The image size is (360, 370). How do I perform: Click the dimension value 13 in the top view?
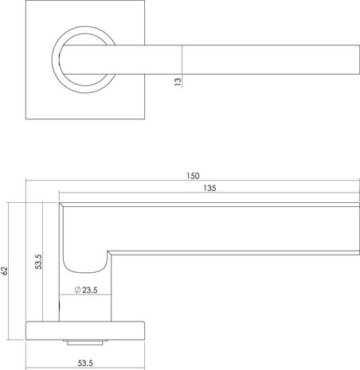click(x=177, y=80)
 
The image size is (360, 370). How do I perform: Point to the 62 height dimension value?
click(x=5, y=271)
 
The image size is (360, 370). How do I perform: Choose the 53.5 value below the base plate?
click(x=87, y=362)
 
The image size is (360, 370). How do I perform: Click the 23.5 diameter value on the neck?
click(x=88, y=290)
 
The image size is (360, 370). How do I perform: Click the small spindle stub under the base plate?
click(x=87, y=341)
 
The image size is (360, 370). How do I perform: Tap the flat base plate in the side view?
click(x=87, y=329)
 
